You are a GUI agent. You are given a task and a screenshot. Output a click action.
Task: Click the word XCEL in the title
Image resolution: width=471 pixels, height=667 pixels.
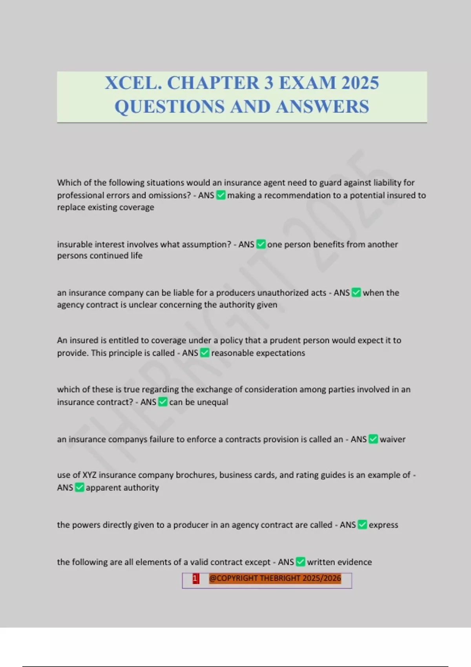click(133, 83)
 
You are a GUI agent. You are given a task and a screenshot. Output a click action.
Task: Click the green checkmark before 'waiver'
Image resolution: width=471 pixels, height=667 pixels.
click(373, 439)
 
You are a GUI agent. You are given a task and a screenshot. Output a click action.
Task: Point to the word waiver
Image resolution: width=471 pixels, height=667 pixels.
click(392, 439)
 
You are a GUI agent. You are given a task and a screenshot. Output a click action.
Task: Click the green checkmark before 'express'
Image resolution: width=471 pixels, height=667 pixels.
click(362, 525)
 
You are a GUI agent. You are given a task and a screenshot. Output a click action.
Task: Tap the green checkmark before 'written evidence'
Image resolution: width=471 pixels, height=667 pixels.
click(300, 562)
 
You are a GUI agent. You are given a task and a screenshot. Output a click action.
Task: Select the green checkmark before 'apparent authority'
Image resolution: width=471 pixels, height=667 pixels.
click(79, 487)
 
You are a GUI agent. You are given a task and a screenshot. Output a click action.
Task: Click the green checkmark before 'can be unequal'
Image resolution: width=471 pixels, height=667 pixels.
click(162, 402)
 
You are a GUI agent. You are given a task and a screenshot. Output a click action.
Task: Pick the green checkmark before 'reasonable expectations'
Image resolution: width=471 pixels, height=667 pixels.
click(204, 353)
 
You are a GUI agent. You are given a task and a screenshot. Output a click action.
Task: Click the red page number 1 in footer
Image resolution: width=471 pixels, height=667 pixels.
click(195, 578)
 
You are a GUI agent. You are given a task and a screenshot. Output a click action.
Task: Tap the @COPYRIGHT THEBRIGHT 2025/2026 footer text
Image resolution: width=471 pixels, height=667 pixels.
click(275, 578)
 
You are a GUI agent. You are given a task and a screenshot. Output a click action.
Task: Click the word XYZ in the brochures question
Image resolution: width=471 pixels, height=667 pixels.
click(89, 475)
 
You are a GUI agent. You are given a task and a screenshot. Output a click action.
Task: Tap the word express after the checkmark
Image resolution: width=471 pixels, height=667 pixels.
click(383, 525)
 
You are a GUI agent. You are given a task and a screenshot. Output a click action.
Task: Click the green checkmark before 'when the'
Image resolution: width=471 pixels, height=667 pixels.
click(356, 293)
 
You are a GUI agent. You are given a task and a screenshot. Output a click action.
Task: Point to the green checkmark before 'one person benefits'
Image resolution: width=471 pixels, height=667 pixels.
click(261, 244)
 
